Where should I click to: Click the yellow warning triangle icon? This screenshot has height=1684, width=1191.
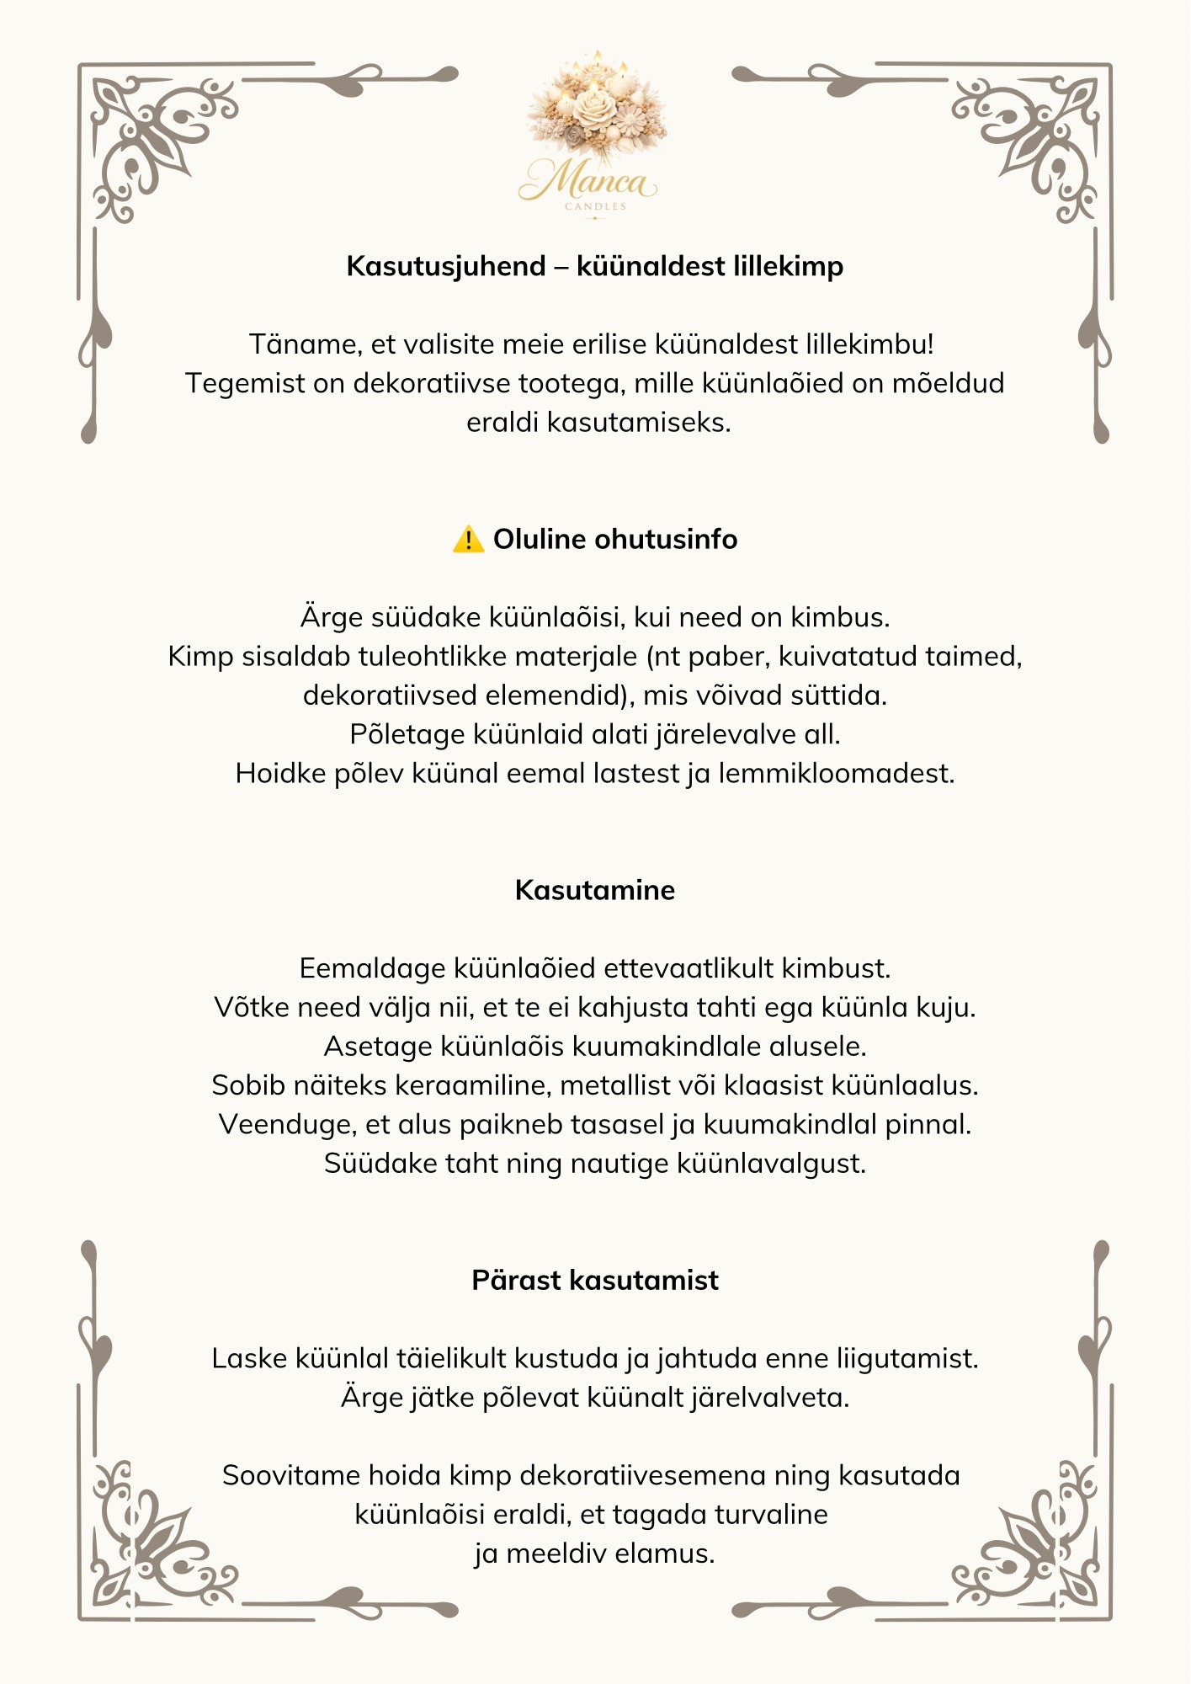tap(468, 540)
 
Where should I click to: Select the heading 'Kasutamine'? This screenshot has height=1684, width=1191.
tap(595, 890)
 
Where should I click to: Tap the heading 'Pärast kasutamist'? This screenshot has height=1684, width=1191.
tap(595, 1280)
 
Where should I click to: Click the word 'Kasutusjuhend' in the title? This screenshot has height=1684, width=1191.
tap(446, 266)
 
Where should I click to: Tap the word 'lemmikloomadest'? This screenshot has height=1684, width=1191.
tap(836, 773)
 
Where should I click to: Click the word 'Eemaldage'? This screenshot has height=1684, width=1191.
tap(373, 968)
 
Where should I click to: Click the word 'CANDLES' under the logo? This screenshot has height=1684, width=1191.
tap(595, 206)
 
